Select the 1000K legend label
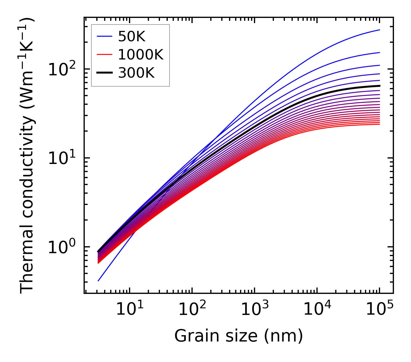pos(141,55)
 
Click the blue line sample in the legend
pos(104,36)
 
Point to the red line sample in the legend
pos(104,55)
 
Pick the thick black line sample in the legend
pos(104,73)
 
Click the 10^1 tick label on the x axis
pos(129,309)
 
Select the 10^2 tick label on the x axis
pos(192,309)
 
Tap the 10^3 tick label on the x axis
pos(254,309)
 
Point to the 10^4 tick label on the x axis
pos(317,309)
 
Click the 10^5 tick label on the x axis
pos(379,309)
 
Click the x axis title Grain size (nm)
pos(239,336)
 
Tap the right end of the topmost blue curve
pos(379,30)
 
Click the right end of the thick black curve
pos(379,86)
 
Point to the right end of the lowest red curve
pos(379,124)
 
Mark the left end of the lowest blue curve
pos(98,281)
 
